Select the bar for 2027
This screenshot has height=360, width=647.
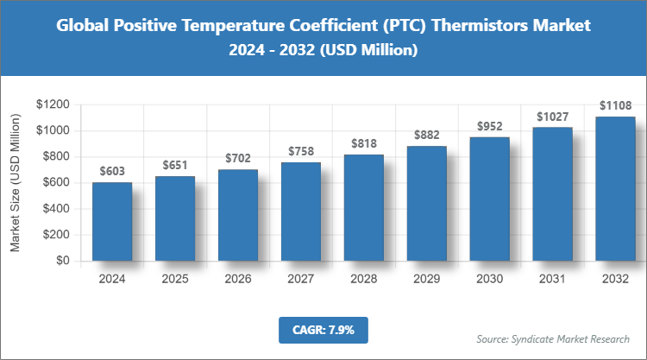coord(301,212)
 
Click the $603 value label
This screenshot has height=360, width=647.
coord(112,172)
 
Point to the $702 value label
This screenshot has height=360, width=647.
coord(238,159)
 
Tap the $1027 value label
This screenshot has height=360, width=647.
coord(553,117)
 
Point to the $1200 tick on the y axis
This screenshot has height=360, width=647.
coord(52,104)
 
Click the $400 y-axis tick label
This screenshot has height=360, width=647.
coord(55,208)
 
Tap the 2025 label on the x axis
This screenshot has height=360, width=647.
coord(175,279)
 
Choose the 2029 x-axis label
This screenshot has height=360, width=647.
coord(427,279)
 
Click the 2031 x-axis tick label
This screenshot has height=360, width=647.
coord(553,279)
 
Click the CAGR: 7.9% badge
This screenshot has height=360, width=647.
coord(323,329)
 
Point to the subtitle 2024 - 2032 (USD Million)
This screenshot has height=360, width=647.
coord(323,51)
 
